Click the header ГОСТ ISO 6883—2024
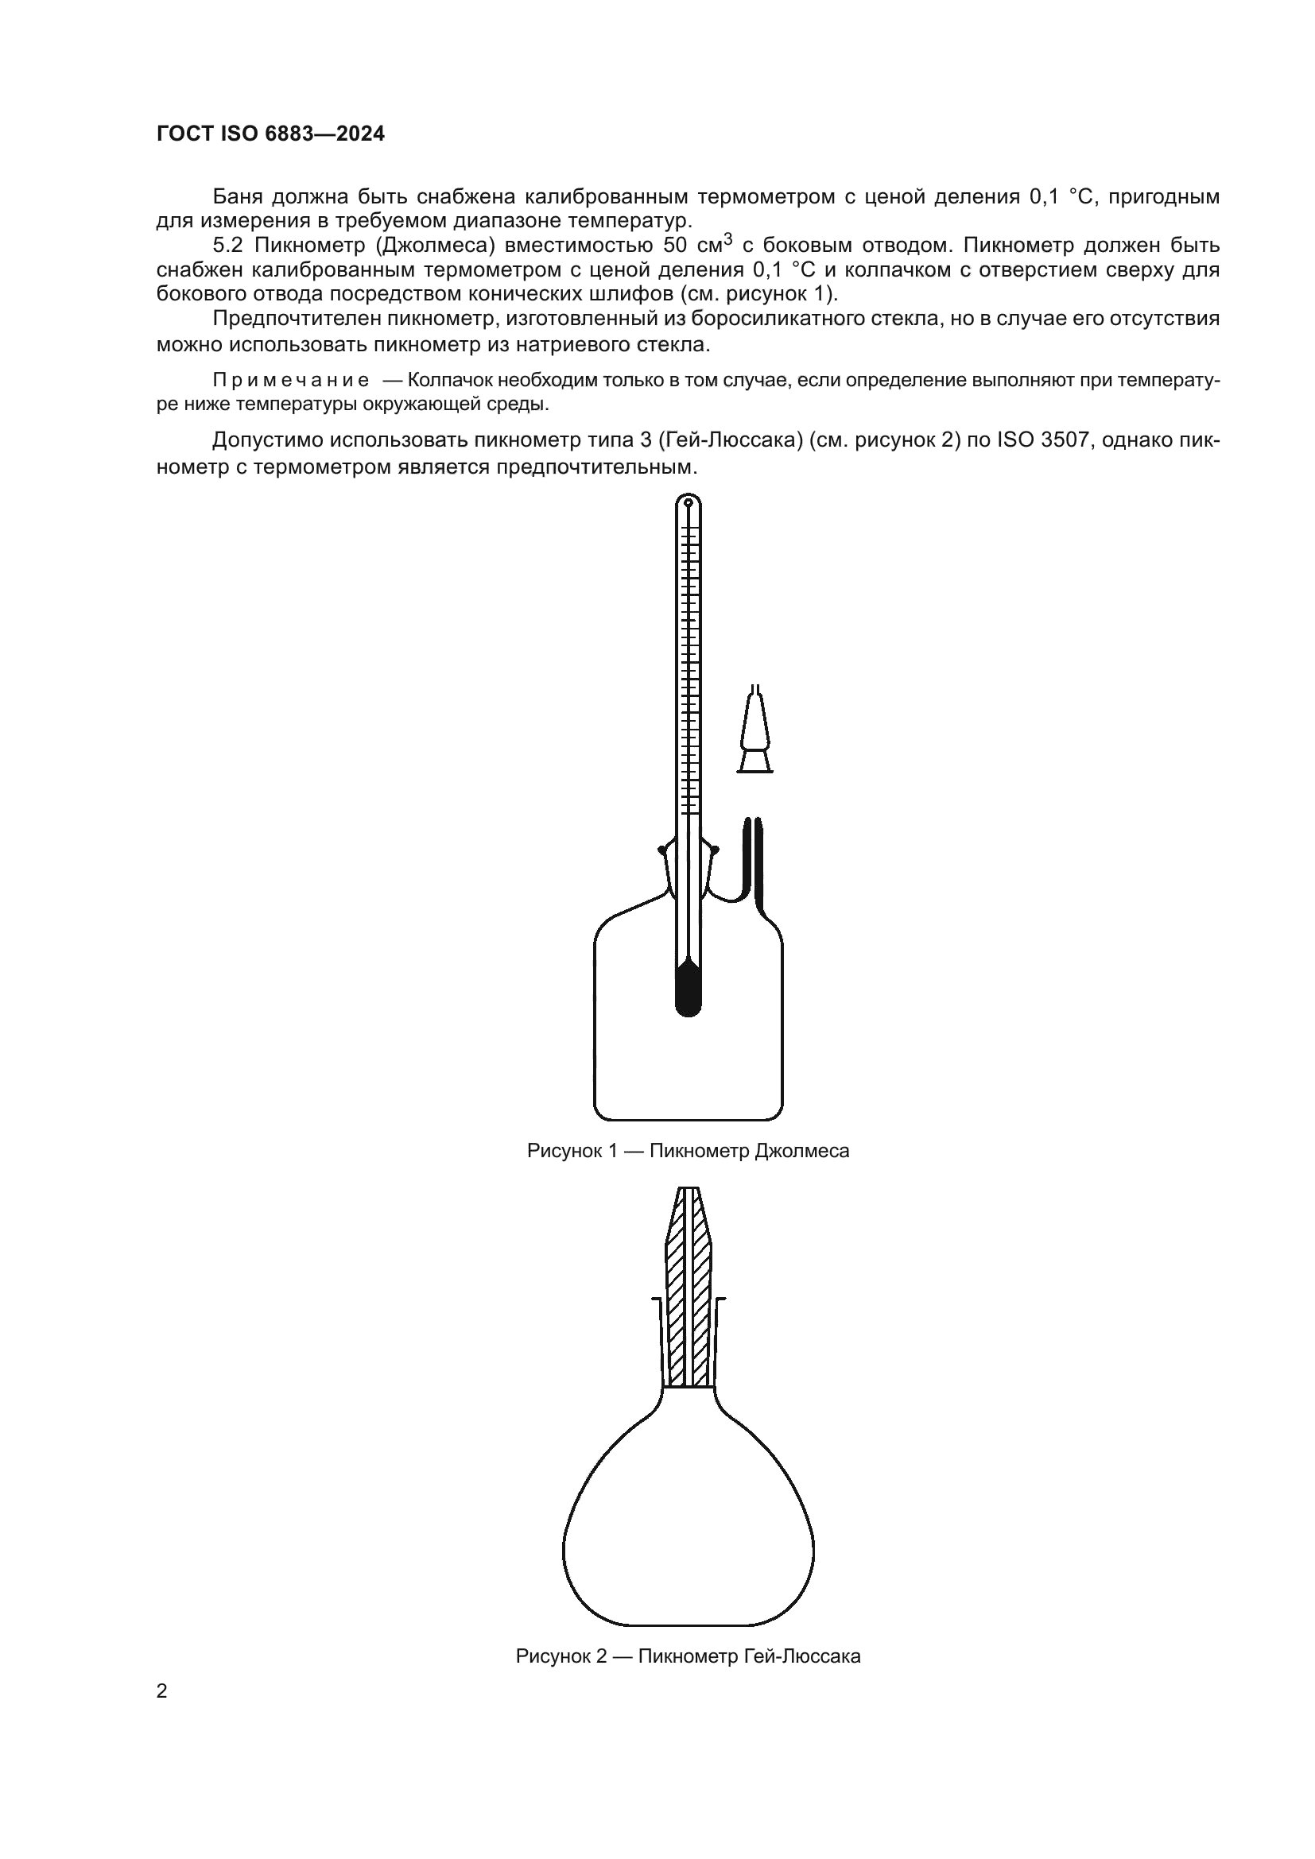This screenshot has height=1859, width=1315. pos(270,134)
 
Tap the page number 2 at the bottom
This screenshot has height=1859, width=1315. pos(162,1691)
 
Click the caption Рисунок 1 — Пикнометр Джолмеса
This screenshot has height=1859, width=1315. pos(688,1151)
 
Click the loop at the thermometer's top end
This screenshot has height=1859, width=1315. pos(688,504)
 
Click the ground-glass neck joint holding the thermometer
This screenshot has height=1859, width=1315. pos(688,870)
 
